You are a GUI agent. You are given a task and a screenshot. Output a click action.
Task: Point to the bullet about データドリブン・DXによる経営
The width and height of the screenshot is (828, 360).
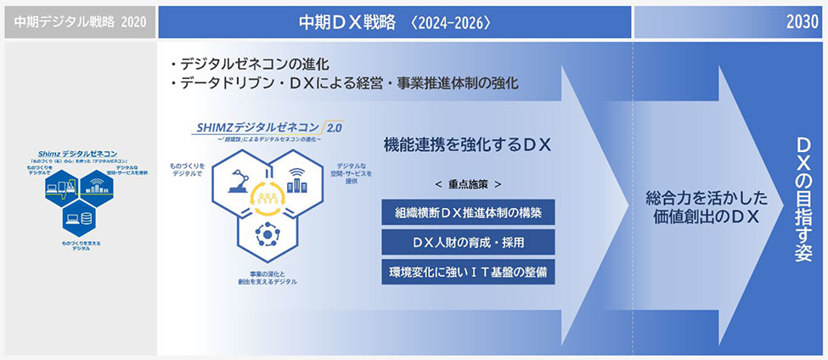(344, 84)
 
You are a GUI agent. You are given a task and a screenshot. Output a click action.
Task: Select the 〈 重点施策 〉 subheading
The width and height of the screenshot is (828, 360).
(468, 183)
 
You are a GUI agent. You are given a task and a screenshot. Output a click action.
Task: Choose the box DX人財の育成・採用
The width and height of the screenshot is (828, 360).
(469, 242)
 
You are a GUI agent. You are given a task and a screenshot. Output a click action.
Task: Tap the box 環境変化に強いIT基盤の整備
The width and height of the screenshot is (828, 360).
(469, 272)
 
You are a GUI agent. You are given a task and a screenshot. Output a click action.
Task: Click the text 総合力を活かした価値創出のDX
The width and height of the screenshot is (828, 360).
(707, 208)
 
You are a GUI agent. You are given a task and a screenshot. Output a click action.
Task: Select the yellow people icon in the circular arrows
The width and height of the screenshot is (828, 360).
(267, 198)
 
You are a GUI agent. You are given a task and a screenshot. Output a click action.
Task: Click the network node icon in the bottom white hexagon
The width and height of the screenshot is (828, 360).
(268, 232)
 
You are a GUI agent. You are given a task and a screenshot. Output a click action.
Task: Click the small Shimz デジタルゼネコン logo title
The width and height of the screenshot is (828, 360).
(78, 154)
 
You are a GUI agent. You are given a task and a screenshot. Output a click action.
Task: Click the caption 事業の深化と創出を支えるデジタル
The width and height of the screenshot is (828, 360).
(267, 276)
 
